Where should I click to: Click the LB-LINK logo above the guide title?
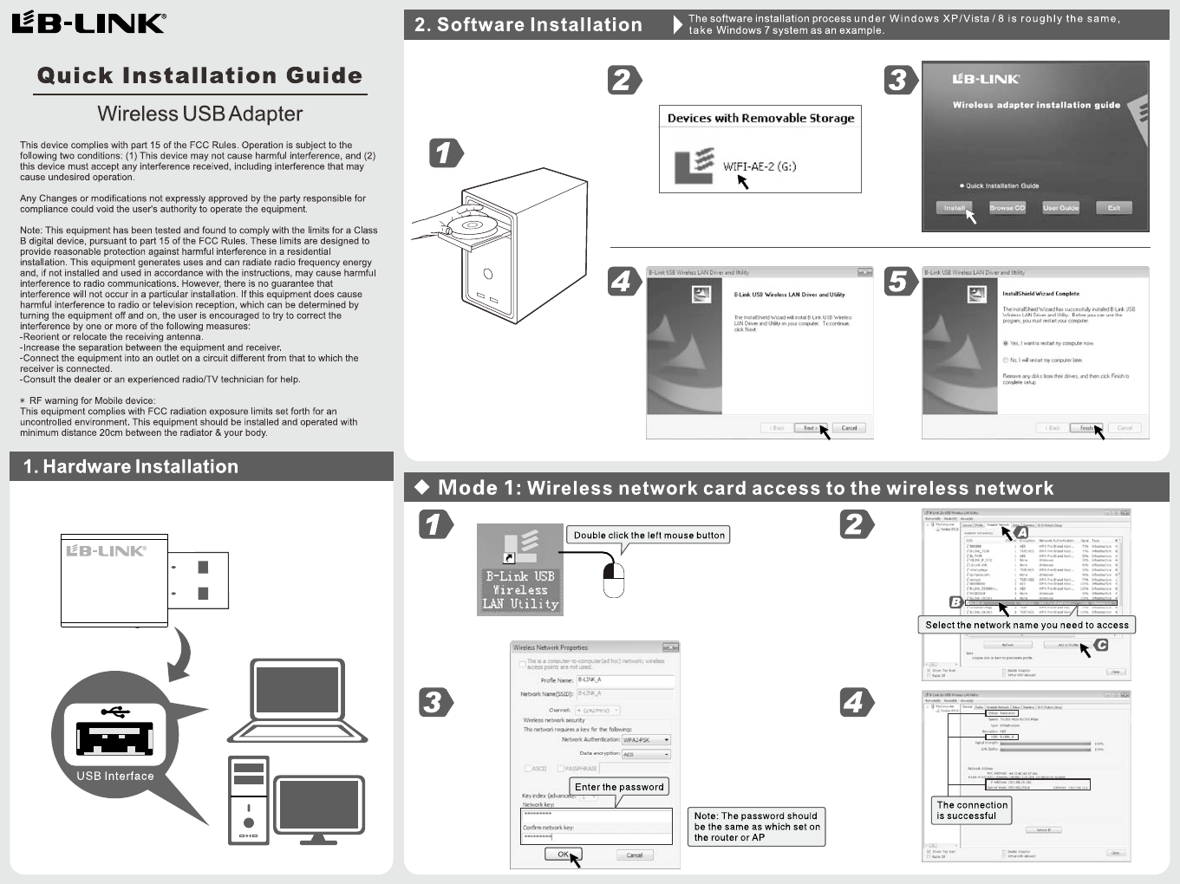click(88, 23)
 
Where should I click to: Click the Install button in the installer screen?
click(954, 208)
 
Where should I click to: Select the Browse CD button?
click(1007, 208)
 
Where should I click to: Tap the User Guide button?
click(1060, 208)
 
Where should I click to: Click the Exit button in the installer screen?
click(1113, 208)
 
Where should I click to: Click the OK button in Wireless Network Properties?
click(562, 855)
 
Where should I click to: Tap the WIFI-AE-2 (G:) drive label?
click(760, 166)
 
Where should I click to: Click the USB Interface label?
click(115, 777)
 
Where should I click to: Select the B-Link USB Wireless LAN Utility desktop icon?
click(520, 570)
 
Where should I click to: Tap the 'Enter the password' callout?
click(619, 787)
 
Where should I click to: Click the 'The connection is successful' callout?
click(972, 810)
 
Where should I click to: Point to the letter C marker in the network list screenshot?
click(1101, 645)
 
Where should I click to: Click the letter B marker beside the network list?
click(956, 601)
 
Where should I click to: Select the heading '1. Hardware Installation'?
click(131, 466)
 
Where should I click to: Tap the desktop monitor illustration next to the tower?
click(319, 808)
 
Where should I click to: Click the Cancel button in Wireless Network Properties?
click(635, 855)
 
